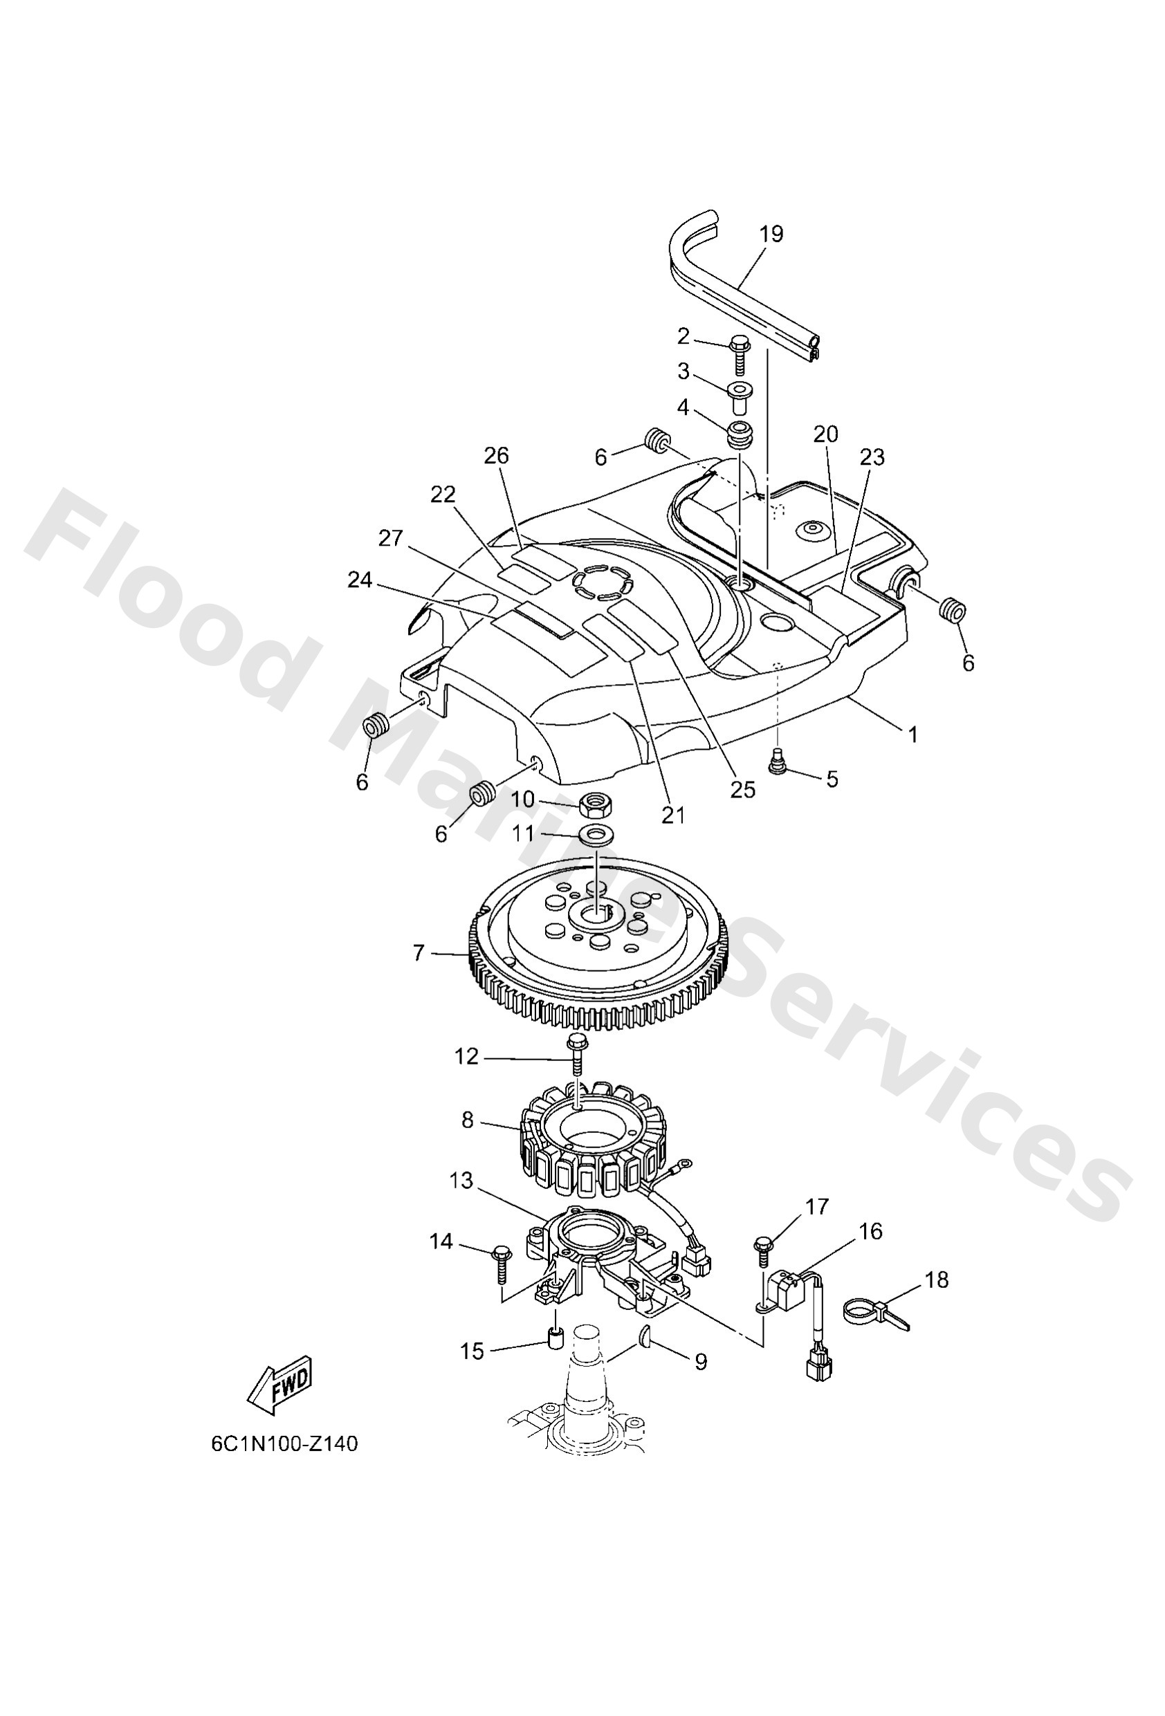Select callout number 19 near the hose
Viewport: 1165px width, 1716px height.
pyautogui.click(x=771, y=234)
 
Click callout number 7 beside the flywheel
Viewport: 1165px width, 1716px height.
pyautogui.click(x=419, y=953)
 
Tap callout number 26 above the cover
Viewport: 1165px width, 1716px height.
pyautogui.click(x=497, y=456)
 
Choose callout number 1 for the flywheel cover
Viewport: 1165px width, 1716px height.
pyautogui.click(x=912, y=734)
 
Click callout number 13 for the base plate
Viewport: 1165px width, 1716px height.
pyautogui.click(x=461, y=1181)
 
